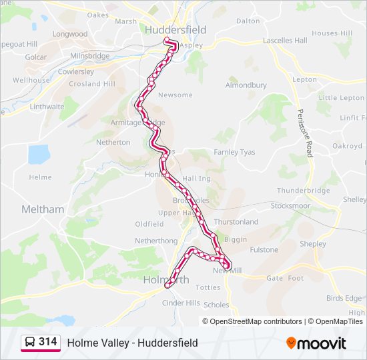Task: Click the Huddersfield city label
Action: coord(175,30)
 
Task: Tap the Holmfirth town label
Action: coord(165,280)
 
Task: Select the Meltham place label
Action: coord(43,209)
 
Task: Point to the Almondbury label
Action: coord(246,85)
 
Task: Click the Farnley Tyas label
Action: coord(234,152)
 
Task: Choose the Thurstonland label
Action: coord(236,222)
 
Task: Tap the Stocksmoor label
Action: coord(290,206)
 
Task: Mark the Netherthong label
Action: coord(156,241)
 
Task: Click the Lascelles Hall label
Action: coord(285,41)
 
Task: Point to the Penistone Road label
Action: coord(304,128)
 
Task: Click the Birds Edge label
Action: coord(345,298)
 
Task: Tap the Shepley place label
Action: coord(313,244)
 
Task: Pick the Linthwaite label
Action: coord(47,107)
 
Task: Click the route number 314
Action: coord(47,342)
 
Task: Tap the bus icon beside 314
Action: coord(30,343)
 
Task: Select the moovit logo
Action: coord(316,343)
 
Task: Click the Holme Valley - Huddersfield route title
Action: coord(132,343)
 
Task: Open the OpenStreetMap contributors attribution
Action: coord(256,321)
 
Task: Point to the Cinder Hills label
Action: coord(181,303)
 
